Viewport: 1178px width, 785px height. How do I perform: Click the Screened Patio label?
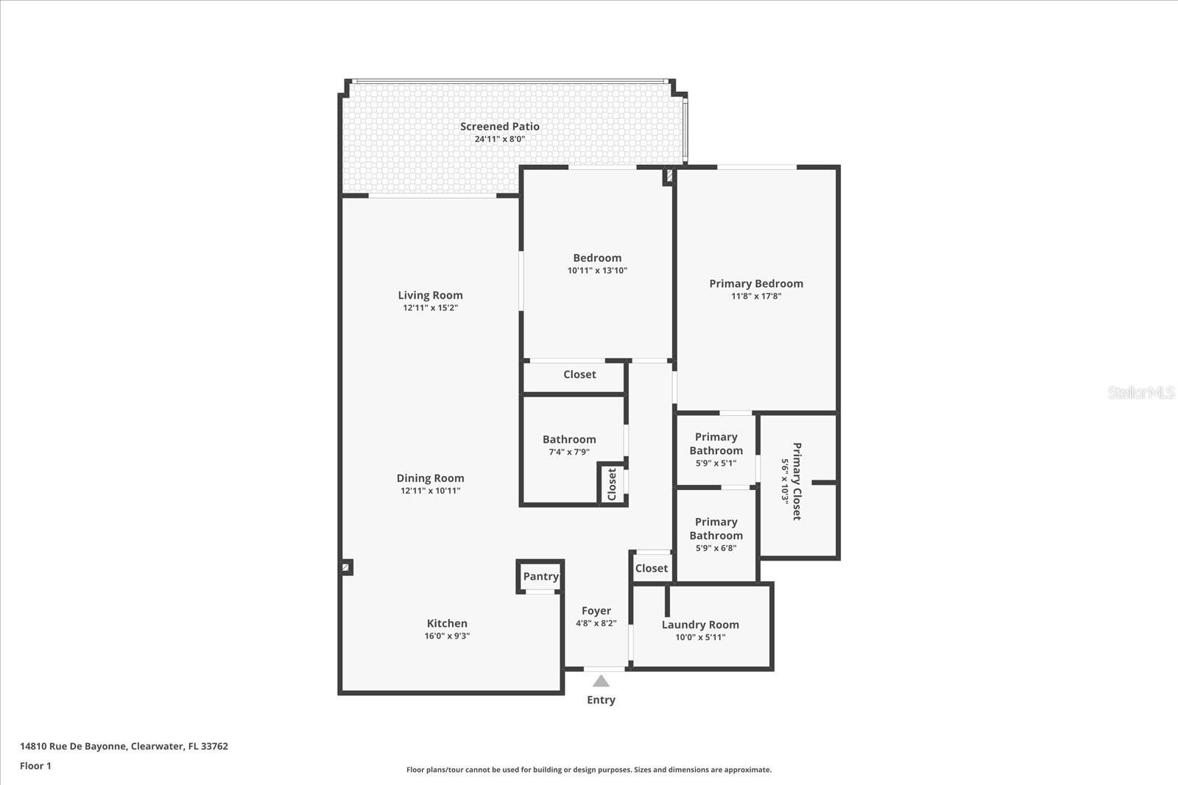(500, 127)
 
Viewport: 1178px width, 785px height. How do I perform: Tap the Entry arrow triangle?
(601, 681)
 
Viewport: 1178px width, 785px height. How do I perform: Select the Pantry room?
(540, 577)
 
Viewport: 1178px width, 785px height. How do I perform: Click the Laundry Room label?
(700, 625)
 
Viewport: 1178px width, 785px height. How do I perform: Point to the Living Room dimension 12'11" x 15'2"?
(430, 308)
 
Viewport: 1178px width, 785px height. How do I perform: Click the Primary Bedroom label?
(756, 283)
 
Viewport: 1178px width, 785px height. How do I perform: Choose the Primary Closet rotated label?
(796, 481)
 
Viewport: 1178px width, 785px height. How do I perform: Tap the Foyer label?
(596, 611)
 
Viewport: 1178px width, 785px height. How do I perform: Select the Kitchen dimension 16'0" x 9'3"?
(447, 636)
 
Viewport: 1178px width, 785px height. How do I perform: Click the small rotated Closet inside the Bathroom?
(612, 484)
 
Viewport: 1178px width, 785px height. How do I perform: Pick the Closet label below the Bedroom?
(579, 374)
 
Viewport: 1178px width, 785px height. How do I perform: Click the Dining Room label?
(430, 478)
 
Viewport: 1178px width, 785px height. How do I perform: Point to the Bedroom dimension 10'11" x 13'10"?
(597, 271)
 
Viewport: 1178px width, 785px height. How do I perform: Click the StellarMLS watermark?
(1140, 392)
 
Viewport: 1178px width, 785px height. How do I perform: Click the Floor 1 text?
(35, 766)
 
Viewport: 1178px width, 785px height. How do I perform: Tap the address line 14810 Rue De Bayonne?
(124, 746)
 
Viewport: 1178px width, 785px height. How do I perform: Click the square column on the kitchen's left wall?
(346, 567)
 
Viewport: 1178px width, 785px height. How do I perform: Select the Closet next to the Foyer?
(651, 568)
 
